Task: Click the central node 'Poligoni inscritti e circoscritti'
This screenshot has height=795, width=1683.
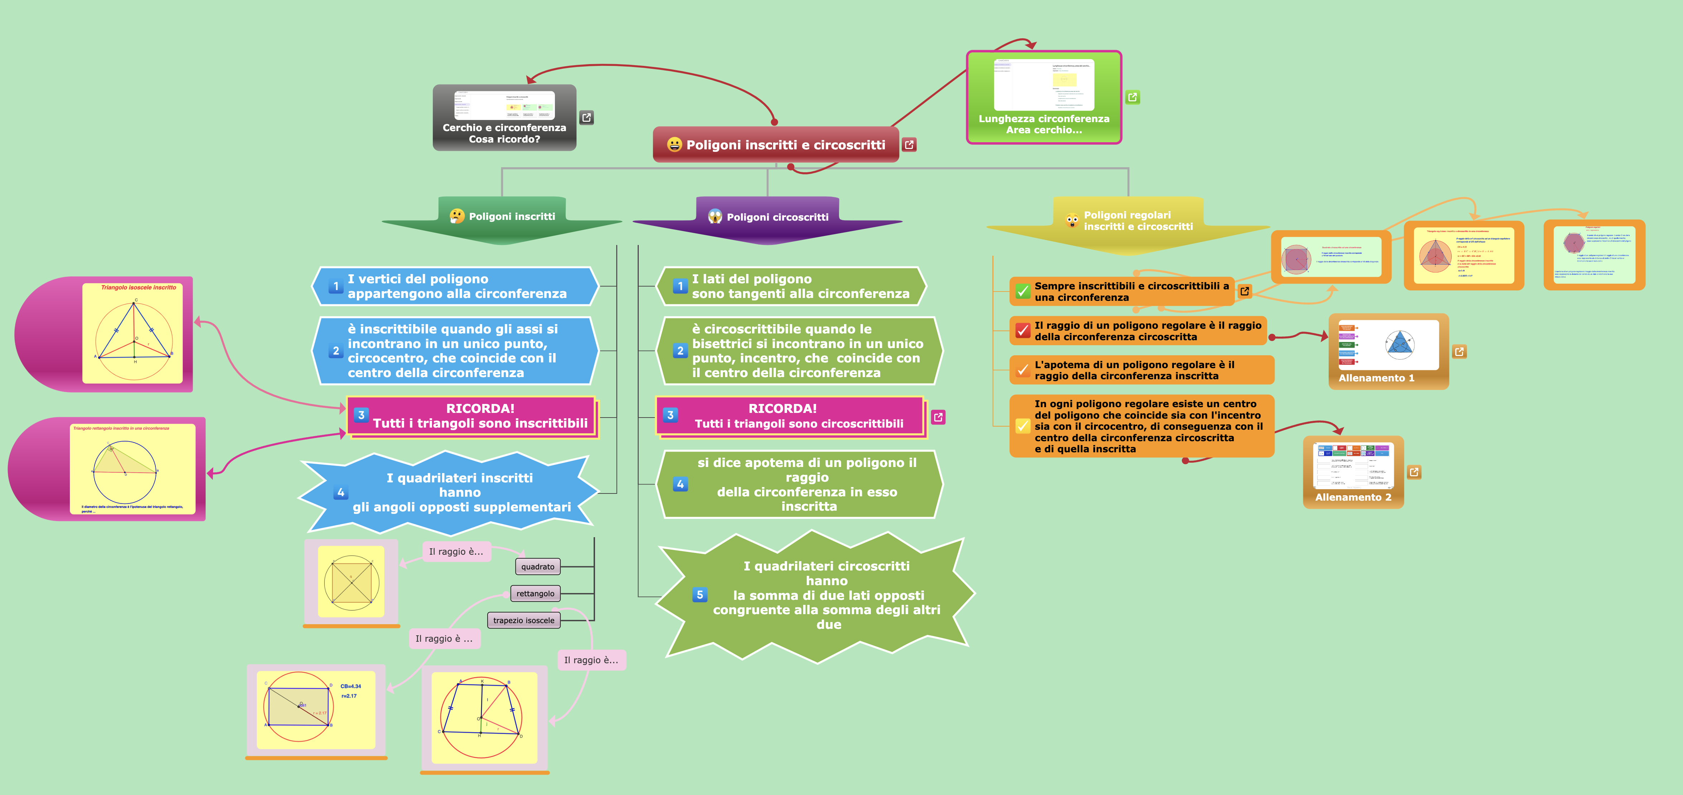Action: (x=785, y=145)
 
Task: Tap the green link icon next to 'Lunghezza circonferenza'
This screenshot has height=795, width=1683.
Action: (x=1132, y=97)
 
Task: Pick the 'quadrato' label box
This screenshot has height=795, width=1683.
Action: (x=538, y=567)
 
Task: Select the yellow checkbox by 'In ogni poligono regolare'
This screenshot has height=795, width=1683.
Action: (x=1022, y=426)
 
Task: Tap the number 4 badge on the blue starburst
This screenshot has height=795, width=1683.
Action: (x=340, y=492)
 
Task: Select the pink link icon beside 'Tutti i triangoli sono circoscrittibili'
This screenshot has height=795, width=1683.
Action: (x=938, y=417)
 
